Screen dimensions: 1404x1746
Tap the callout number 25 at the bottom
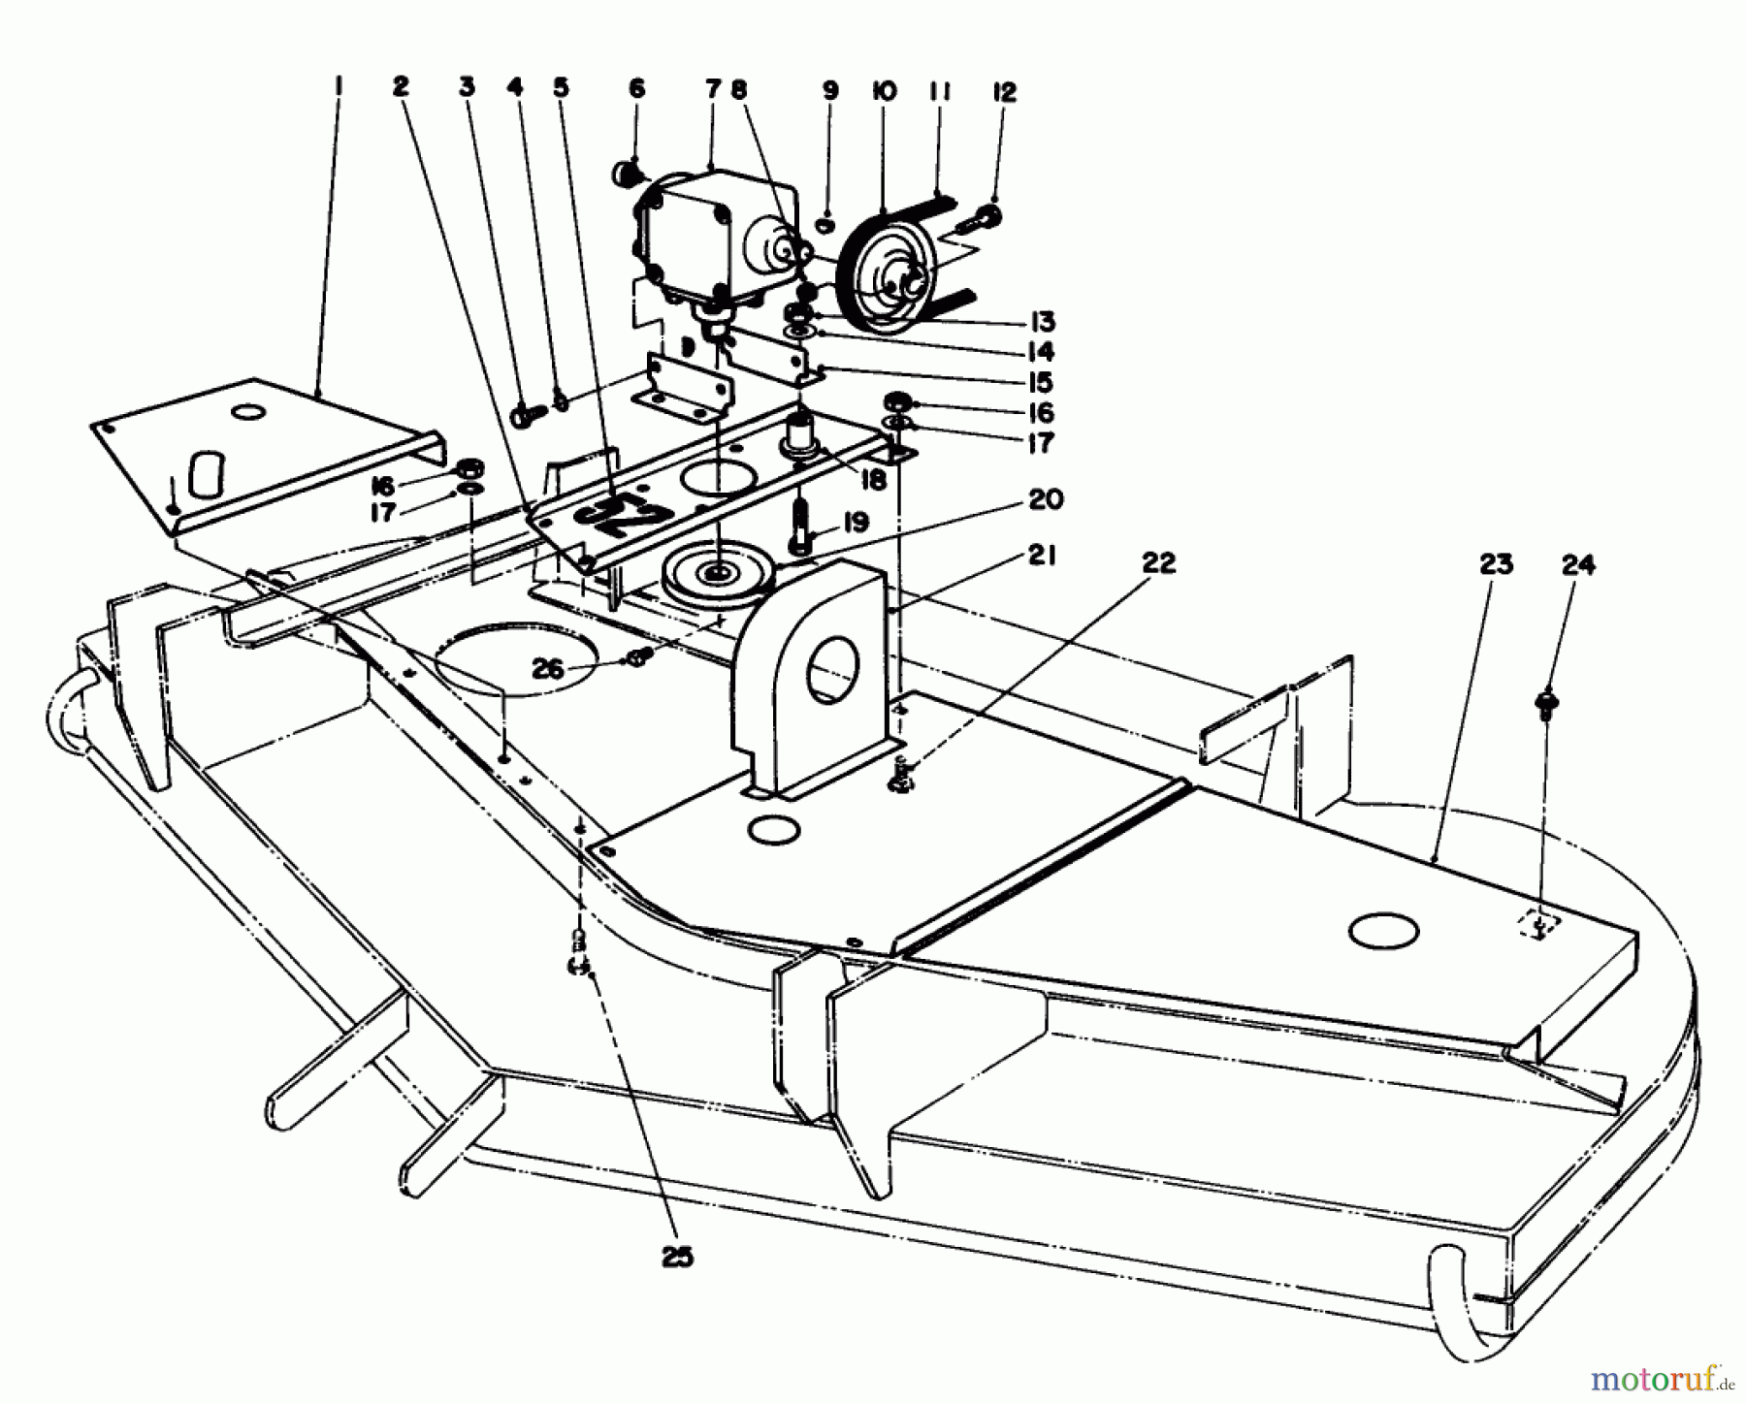click(x=678, y=1257)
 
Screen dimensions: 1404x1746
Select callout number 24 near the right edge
click(x=1578, y=564)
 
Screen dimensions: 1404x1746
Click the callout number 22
click(x=1158, y=562)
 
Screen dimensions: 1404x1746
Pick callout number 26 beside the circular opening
click(x=549, y=670)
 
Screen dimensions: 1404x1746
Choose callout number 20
click(x=1044, y=499)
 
